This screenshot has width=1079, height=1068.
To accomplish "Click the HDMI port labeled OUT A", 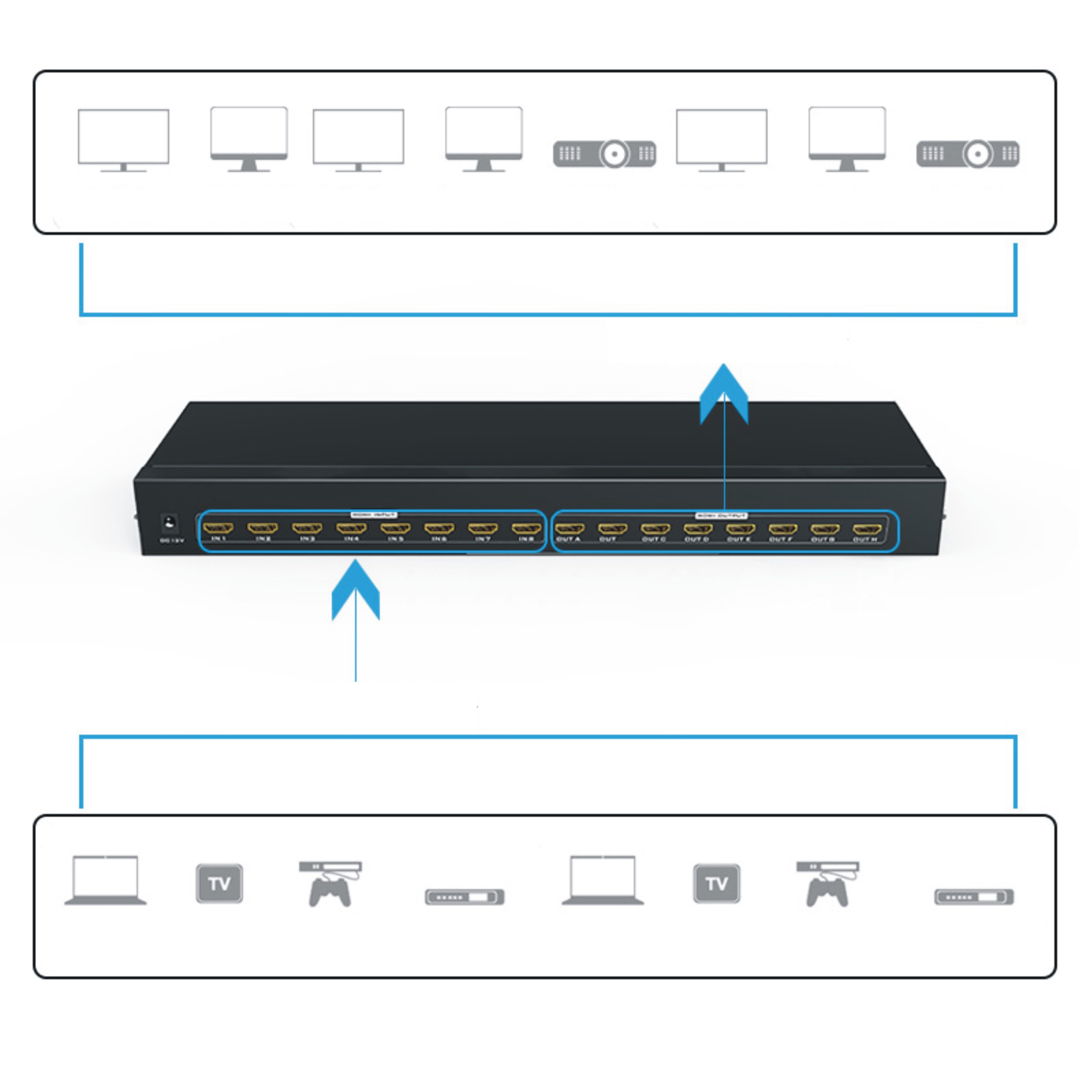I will [x=569, y=528].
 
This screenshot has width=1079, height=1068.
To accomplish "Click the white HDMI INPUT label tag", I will [x=374, y=514].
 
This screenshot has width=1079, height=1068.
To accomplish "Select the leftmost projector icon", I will [x=604, y=153].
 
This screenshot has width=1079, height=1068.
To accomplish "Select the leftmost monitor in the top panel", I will [x=123, y=140].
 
